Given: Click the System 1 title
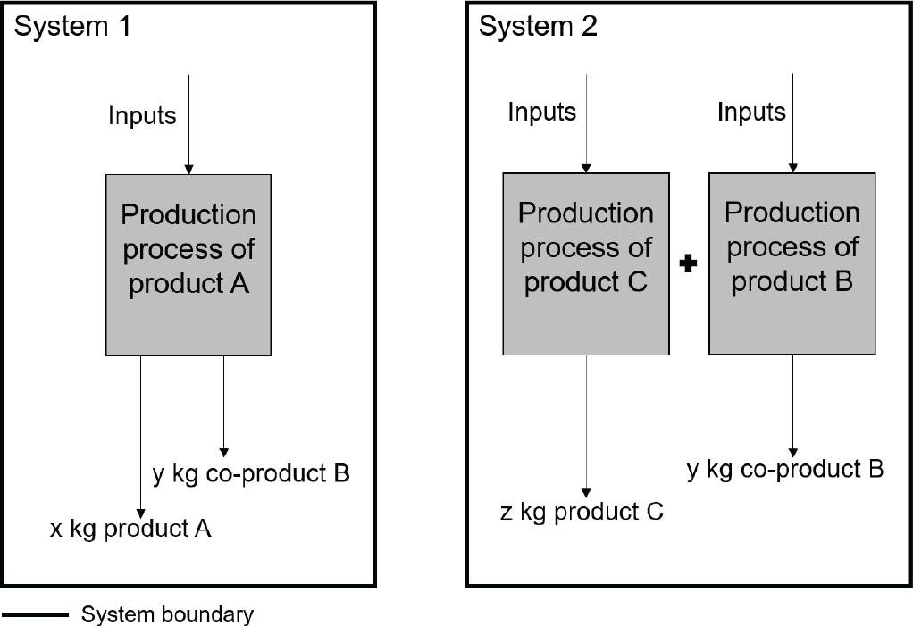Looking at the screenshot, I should [72, 26].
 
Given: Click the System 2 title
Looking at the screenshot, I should [538, 26].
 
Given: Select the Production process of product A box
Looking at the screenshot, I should [188, 265].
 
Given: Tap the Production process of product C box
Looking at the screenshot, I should [585, 264].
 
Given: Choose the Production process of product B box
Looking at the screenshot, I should [792, 263].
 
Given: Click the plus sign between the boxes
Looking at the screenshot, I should [688, 264].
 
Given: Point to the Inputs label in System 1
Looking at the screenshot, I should [142, 115].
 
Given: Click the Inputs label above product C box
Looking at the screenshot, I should [541, 113].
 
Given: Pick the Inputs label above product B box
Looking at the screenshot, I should [751, 112].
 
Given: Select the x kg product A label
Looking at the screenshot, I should [130, 528].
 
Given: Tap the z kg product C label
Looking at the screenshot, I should [582, 512].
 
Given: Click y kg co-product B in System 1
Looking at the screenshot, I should [251, 473].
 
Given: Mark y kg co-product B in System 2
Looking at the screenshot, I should [785, 469].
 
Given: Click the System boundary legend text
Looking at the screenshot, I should [168, 614].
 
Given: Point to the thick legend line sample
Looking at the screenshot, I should [35, 614].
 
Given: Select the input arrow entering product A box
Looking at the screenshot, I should [188, 125].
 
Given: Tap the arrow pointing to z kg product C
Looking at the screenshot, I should [586, 425].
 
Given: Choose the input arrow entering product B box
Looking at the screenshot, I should [792, 125].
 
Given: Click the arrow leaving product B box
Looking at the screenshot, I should [792, 402].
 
